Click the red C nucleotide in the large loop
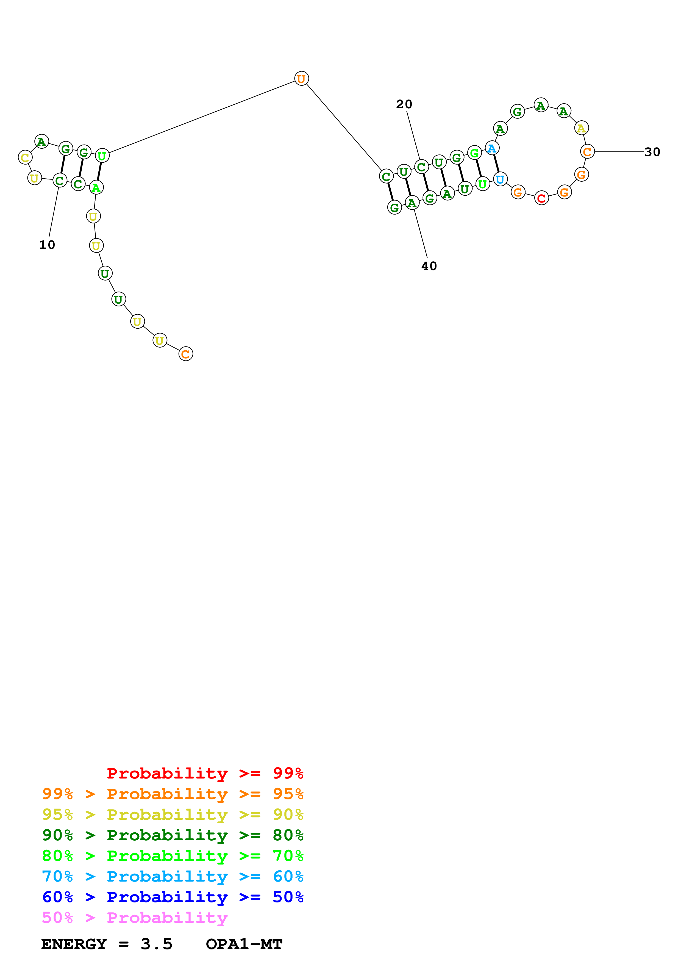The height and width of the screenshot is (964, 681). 541,198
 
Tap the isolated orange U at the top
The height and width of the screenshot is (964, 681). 301,79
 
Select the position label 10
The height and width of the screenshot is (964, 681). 47,245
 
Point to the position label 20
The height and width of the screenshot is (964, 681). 404,104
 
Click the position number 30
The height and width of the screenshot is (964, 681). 652,152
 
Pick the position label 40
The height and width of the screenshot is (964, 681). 429,266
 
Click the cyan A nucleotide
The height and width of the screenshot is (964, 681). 492,148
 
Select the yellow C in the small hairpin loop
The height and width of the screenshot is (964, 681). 25,157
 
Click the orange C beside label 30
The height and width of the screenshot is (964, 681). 587,152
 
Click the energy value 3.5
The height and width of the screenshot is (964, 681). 157,944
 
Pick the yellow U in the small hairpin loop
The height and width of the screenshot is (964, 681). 34,178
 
